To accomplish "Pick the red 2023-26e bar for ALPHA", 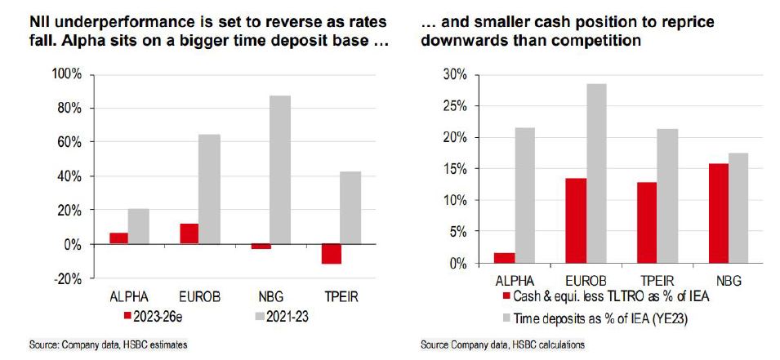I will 118,238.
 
